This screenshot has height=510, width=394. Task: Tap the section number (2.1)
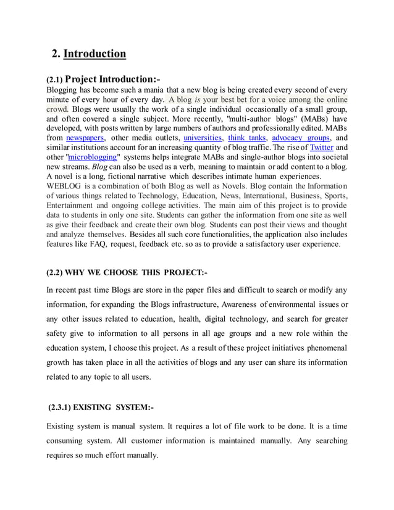(54, 80)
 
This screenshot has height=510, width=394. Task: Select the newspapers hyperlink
(85, 138)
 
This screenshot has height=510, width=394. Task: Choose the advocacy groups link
(301, 138)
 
